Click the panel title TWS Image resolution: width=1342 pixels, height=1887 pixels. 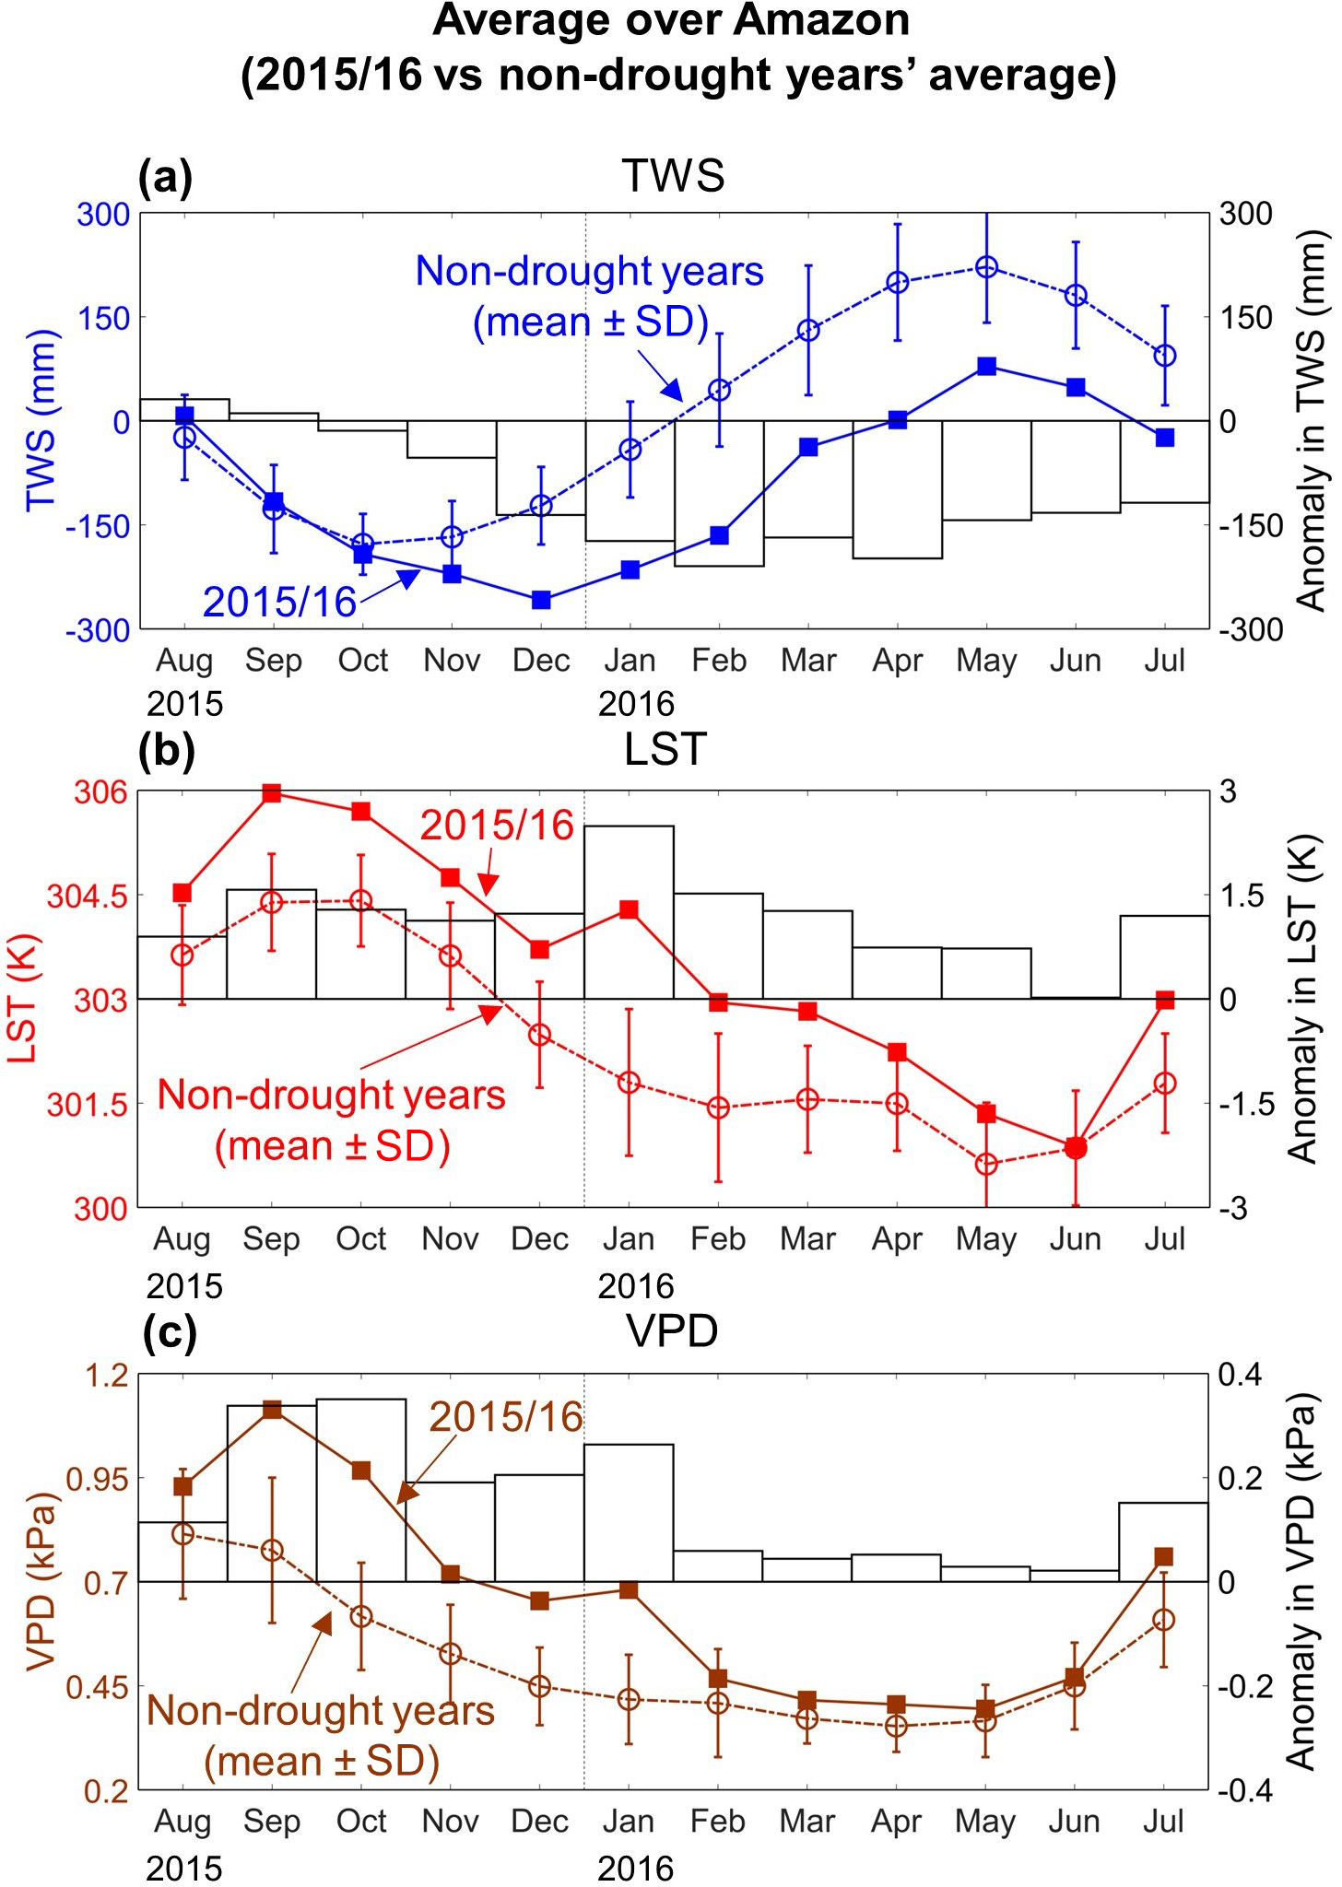coord(673,175)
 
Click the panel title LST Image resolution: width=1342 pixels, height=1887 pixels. coord(665,749)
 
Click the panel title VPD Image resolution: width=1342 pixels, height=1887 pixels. coord(672,1330)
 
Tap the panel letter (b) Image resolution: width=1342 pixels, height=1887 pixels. coord(167,751)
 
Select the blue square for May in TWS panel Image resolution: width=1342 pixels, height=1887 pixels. coord(986,367)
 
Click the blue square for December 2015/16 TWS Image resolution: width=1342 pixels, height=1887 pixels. coord(541,600)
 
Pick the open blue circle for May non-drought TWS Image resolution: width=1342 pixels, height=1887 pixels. coord(986,267)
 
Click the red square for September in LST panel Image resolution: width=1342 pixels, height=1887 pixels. coord(272,793)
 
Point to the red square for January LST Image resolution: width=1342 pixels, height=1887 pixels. coord(630,909)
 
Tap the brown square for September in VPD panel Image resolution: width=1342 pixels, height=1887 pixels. coord(272,1410)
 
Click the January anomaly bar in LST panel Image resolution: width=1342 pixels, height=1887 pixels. coord(630,912)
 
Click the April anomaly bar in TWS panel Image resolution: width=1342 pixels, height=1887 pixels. coord(897,489)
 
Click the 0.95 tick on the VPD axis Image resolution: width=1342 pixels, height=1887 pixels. coord(96,1478)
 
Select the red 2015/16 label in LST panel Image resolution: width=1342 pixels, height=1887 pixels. coord(497,826)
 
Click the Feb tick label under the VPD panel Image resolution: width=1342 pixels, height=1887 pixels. coord(718,1821)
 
